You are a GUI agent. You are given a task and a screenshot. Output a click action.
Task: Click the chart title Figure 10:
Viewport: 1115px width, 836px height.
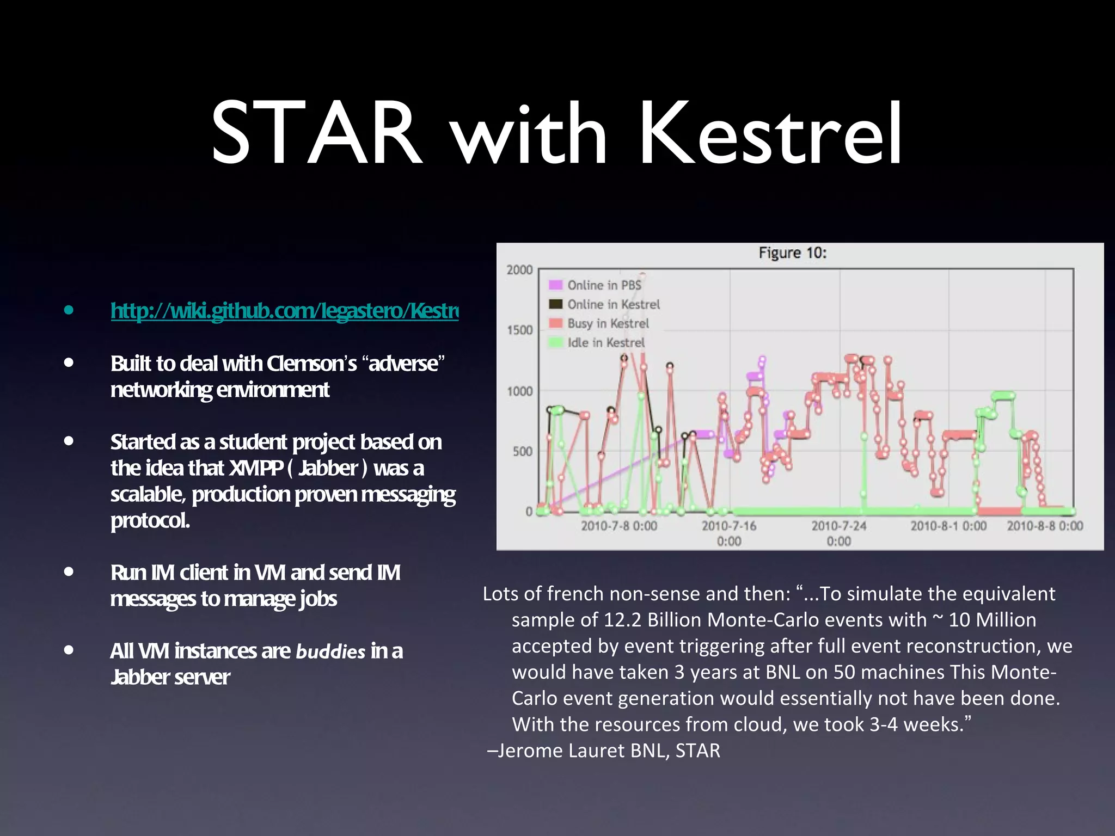tap(792, 253)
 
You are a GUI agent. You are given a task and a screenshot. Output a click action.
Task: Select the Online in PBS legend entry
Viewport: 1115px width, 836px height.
tap(603, 285)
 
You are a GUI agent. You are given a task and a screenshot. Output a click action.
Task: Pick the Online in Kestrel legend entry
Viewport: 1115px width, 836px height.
tap(612, 304)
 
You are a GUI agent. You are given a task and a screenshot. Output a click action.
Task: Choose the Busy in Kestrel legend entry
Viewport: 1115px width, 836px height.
tap(608, 323)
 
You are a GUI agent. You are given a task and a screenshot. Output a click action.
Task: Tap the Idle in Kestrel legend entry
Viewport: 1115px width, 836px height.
tap(605, 342)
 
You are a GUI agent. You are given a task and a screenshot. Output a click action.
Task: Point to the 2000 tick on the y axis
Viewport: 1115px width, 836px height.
tap(519, 270)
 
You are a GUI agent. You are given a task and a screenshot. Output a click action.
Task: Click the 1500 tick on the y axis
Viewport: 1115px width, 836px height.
tap(519, 330)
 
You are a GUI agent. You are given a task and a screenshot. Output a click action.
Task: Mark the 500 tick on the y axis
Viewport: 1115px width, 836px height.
tap(522, 452)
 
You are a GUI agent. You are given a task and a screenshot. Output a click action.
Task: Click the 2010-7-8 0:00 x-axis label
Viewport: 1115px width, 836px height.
tap(618, 526)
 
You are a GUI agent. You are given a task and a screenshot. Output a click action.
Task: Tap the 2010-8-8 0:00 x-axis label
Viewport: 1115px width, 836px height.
tap(1044, 526)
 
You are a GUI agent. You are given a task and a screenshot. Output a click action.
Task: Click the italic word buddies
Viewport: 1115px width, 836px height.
tap(330, 652)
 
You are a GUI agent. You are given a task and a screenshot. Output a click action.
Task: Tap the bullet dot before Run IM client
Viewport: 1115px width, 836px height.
tap(69, 571)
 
